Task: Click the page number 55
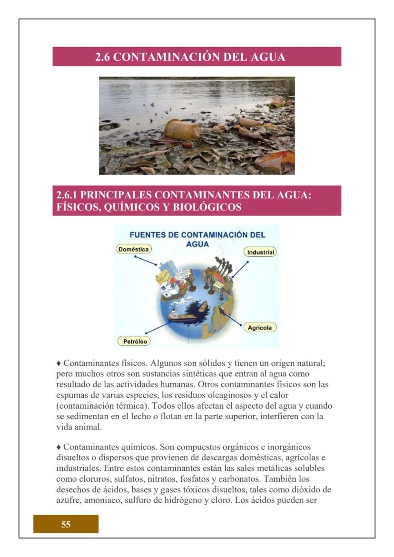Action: tap(66, 525)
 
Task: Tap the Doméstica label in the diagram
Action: tap(134, 249)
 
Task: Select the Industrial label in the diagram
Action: tap(260, 252)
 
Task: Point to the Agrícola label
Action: tap(260, 328)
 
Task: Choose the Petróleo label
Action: tap(134, 341)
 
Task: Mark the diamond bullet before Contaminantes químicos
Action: tap(59, 447)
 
